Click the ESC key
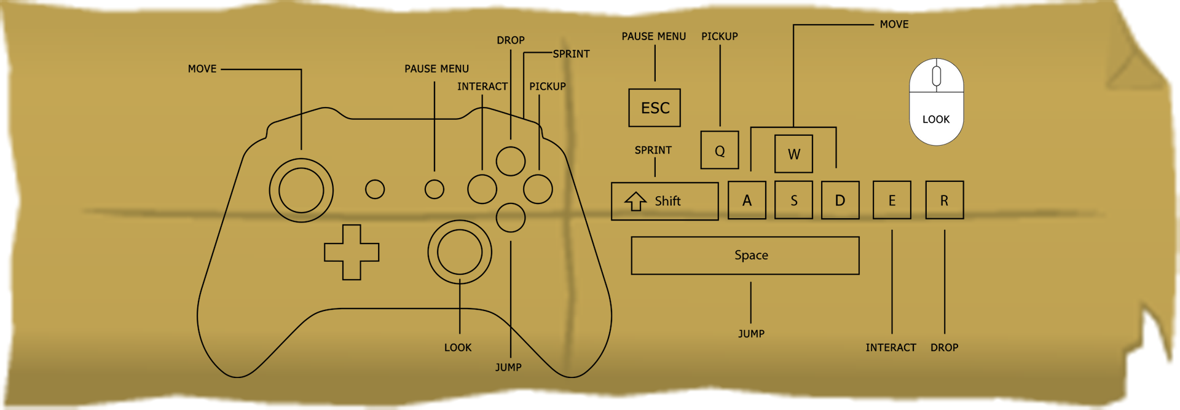(655, 108)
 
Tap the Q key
(720, 150)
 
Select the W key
(794, 154)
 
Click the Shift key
(665, 201)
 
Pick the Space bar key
(745, 255)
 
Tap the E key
(892, 200)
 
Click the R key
(945, 200)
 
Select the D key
(840, 200)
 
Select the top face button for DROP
(511, 161)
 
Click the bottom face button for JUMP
(511, 217)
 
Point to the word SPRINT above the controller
(571, 54)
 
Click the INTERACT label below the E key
(891, 348)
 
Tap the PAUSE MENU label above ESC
(654, 37)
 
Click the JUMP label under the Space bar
(751, 334)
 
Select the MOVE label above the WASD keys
(894, 25)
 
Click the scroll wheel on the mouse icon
(937, 76)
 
